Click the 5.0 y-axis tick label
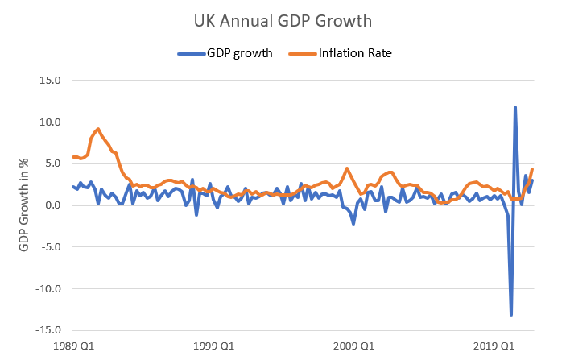(x=52, y=163)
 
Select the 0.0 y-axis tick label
(x=52, y=205)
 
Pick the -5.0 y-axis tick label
(x=51, y=246)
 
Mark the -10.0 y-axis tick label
(x=48, y=288)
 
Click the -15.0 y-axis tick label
(x=48, y=330)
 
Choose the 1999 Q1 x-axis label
(x=215, y=346)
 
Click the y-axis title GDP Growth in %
(x=24, y=205)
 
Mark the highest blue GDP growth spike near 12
(x=515, y=107)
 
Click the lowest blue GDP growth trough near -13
(x=511, y=314)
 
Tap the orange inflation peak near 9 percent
(x=97, y=129)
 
